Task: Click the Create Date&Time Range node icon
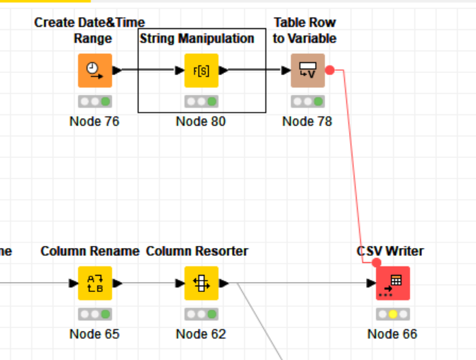click(x=94, y=70)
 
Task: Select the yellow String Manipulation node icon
click(x=201, y=70)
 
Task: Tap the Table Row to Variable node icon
click(x=307, y=70)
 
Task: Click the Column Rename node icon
click(x=94, y=283)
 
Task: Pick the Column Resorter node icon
click(x=201, y=283)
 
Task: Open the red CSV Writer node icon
click(x=392, y=283)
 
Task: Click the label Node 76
click(x=94, y=121)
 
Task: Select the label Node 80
click(x=201, y=121)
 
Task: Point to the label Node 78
click(x=307, y=121)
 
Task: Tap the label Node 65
click(x=94, y=334)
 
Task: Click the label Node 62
click(x=201, y=334)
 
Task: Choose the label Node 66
click(x=392, y=334)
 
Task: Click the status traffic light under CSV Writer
click(x=392, y=314)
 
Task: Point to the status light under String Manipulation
click(x=201, y=101)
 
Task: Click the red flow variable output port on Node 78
click(x=330, y=70)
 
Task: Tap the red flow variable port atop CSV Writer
click(x=377, y=262)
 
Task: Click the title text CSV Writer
click(x=390, y=251)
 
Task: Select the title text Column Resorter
click(x=197, y=251)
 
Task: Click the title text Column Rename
click(x=90, y=251)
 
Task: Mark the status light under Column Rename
click(x=94, y=314)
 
